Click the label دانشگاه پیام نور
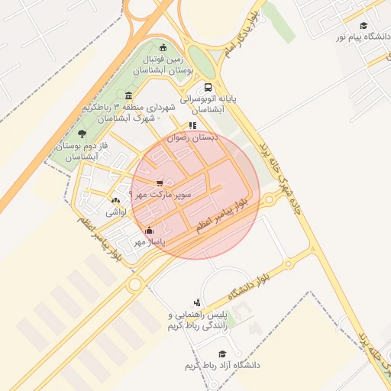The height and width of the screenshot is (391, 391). point(360,37)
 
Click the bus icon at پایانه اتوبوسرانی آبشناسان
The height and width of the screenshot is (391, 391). point(208,87)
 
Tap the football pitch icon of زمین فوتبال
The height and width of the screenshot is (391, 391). point(162,48)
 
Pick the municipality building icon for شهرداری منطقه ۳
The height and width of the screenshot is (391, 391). point(128,95)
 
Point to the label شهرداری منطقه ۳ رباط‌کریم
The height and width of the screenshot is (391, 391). point(127,114)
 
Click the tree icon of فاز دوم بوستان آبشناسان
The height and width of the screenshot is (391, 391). point(82,134)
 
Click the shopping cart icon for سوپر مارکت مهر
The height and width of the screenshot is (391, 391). point(159,183)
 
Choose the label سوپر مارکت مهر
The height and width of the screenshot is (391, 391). point(161,195)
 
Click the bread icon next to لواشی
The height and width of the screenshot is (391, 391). point(115,200)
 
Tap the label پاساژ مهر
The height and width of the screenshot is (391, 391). point(150,242)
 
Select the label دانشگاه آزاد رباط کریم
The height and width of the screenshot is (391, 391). point(222,366)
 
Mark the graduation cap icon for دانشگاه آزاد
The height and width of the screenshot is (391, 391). point(222,354)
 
